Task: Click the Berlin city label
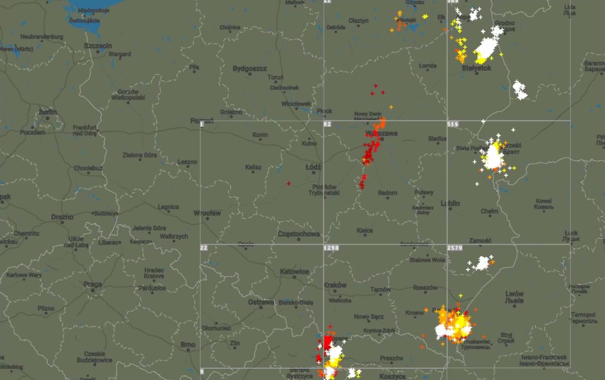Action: [x=48, y=112]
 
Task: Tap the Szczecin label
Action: [x=98, y=45]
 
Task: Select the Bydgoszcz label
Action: [x=250, y=69]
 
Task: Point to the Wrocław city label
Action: [x=207, y=213]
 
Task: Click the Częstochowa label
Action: [x=299, y=234]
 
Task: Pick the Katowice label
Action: [x=294, y=272]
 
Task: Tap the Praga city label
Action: [x=92, y=284]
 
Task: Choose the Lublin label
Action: [x=450, y=203]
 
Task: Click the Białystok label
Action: [x=476, y=68]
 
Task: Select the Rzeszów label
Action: [x=425, y=287]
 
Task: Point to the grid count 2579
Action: [x=455, y=247]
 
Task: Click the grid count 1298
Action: [x=331, y=247]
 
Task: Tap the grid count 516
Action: [x=453, y=124]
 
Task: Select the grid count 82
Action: [x=328, y=124]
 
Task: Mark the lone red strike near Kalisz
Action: [x=288, y=183]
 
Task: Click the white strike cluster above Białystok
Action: [x=486, y=47]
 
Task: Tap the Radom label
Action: [x=388, y=193]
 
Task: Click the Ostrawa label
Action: [x=261, y=302]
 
